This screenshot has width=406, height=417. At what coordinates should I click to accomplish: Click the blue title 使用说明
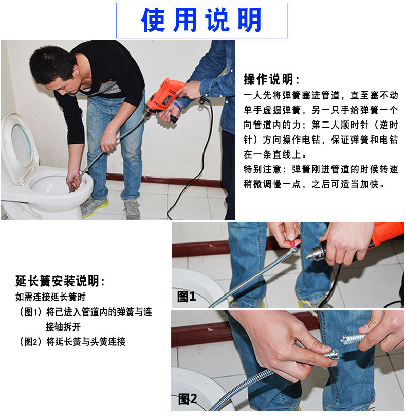[201, 20]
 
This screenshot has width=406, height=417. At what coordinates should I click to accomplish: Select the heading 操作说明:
[271, 79]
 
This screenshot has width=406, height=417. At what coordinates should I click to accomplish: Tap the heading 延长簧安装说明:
[60, 281]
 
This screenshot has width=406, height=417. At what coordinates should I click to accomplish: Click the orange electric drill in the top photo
[164, 99]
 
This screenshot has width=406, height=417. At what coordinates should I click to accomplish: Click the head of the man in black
[55, 69]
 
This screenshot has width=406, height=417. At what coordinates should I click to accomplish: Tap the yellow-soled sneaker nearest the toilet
[94, 206]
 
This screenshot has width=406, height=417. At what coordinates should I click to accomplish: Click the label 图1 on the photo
[187, 297]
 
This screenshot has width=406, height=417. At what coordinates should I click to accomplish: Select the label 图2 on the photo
[188, 399]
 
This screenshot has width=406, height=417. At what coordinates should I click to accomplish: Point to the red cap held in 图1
[292, 243]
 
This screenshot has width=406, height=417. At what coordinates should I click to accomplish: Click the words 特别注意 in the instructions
[262, 169]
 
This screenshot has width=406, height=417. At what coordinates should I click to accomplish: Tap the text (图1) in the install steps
[30, 311]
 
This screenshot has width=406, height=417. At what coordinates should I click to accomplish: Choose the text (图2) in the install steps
[30, 341]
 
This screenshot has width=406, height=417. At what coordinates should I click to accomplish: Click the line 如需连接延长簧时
[50, 297]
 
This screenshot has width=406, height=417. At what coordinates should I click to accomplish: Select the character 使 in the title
[153, 20]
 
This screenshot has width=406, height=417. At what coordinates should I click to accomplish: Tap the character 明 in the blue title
[250, 20]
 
